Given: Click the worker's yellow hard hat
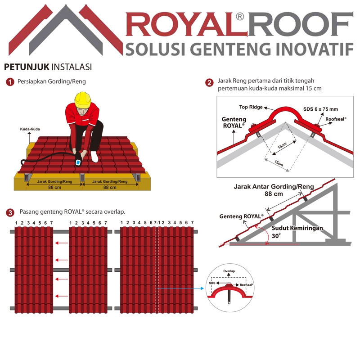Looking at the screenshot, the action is click(x=83, y=99).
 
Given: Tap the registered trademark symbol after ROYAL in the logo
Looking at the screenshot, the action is click(x=240, y=17).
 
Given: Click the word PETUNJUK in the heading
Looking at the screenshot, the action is click(x=27, y=67).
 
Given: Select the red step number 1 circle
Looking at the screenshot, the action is click(x=10, y=82).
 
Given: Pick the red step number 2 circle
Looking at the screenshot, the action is click(x=209, y=82).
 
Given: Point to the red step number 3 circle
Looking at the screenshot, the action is click(x=10, y=212).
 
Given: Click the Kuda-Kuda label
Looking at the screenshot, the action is click(x=30, y=129).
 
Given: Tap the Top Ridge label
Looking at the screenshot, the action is click(x=251, y=107).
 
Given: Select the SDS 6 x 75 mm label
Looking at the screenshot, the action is click(x=320, y=109).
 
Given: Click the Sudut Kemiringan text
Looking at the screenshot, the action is click(x=297, y=228).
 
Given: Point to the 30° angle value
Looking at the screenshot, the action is click(x=276, y=236).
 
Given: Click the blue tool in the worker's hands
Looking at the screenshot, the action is click(x=78, y=162).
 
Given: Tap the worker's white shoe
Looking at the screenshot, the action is click(x=94, y=156).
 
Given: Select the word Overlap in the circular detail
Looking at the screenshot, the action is click(x=229, y=271).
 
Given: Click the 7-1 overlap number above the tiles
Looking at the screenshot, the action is click(x=157, y=223).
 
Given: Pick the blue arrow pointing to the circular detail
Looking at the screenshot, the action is click(x=180, y=288).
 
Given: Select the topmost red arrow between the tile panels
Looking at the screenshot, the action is click(x=62, y=243).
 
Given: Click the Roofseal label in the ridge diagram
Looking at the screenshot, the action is click(x=336, y=119).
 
